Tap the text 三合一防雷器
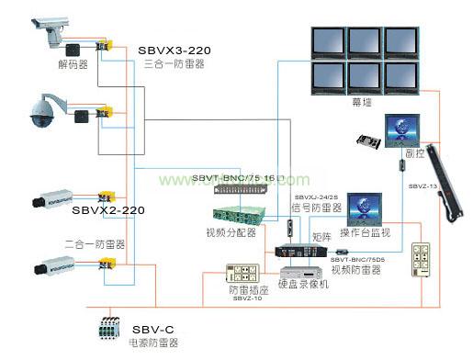click(175, 65)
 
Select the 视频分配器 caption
click(231, 233)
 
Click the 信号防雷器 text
click(313, 208)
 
